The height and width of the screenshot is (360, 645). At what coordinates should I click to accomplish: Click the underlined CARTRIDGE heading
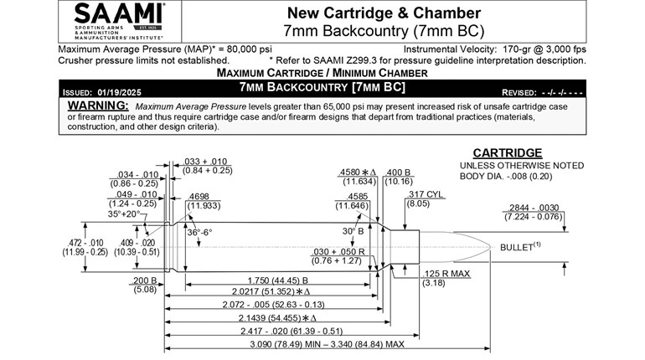click(508, 153)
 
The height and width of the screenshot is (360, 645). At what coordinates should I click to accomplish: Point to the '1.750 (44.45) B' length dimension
click(276, 280)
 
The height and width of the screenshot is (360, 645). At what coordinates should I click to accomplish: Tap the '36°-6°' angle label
click(200, 232)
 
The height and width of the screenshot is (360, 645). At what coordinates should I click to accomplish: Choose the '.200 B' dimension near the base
click(144, 281)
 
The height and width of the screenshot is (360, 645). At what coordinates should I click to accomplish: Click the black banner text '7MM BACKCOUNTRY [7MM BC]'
click(322, 87)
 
